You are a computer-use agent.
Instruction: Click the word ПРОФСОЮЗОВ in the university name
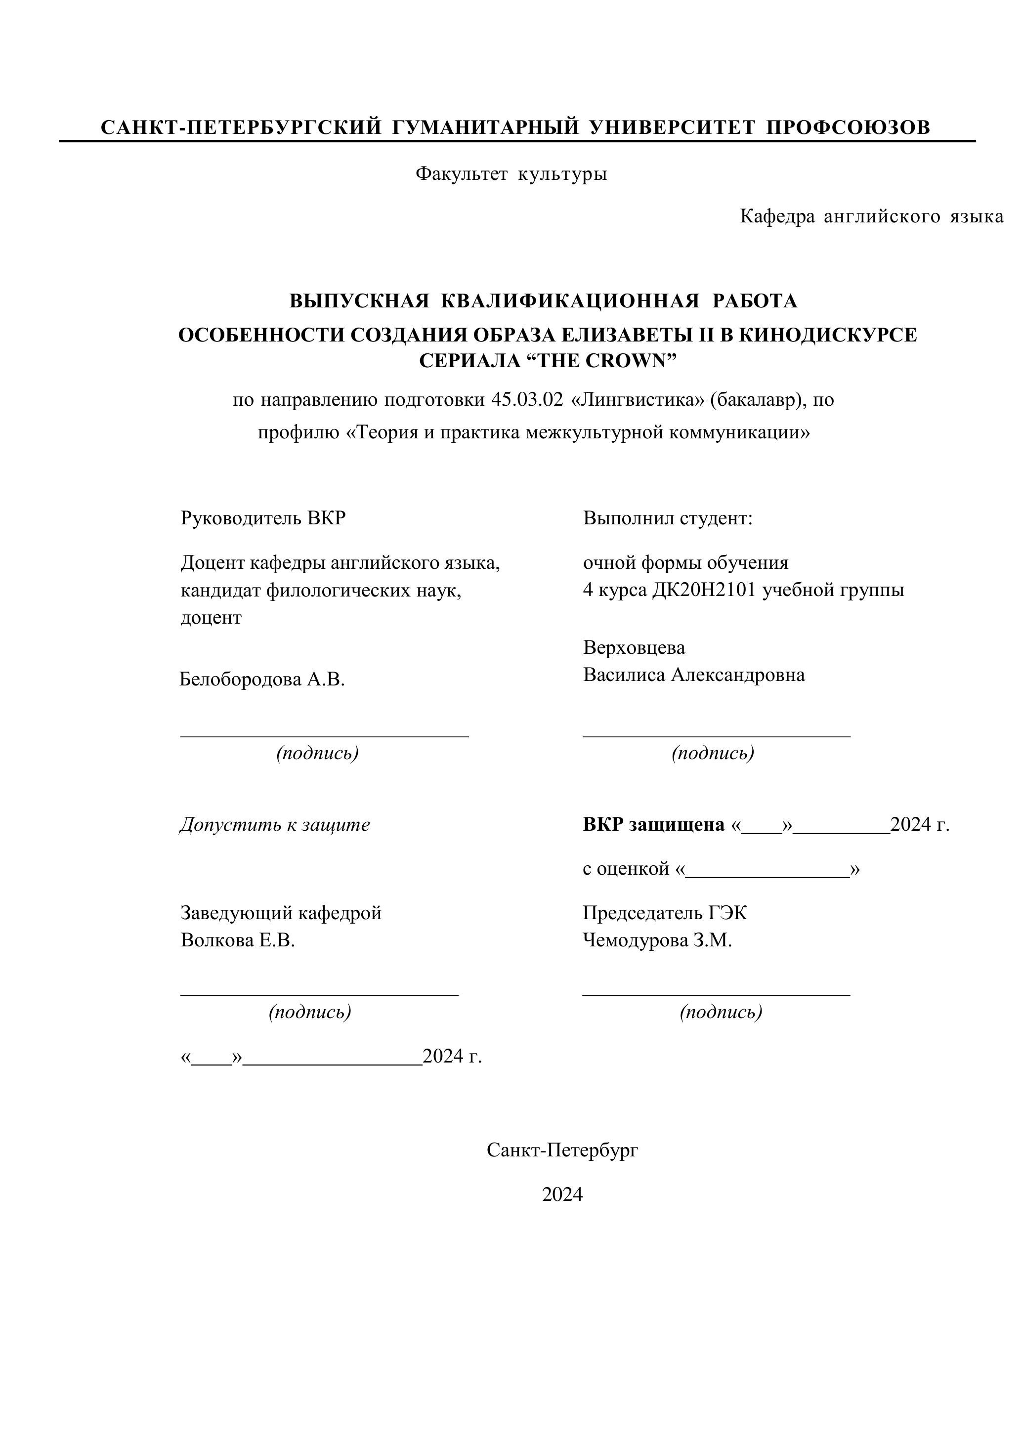pos(848,128)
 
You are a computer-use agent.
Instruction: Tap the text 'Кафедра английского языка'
pos(871,216)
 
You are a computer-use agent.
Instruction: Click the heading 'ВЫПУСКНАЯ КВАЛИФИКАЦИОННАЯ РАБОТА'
pos(543,301)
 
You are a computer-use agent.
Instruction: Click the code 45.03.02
pos(527,400)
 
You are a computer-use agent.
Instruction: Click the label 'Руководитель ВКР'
pos(263,518)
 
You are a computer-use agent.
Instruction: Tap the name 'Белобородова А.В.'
pos(262,679)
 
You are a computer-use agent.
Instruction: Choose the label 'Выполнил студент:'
pos(668,518)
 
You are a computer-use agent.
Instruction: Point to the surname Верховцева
pos(634,647)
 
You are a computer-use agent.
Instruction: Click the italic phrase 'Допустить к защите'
pos(275,824)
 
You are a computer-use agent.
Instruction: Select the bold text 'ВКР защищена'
pos(653,824)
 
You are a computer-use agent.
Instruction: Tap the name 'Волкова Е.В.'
pos(238,940)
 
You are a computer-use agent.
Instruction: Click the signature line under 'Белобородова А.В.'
pos(324,735)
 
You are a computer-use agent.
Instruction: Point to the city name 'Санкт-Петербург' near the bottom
pos(562,1150)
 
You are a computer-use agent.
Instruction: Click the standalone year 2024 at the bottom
pos(562,1194)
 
